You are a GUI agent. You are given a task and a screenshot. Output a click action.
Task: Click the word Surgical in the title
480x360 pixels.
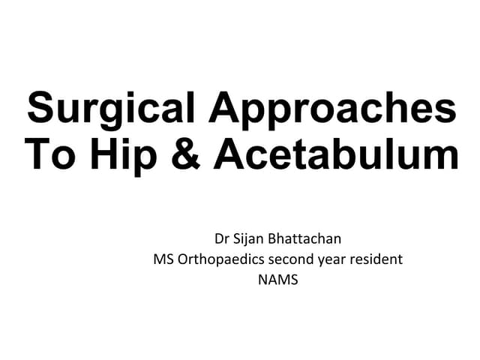[x=113, y=109]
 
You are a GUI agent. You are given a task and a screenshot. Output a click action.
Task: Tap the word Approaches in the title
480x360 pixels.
[x=332, y=109]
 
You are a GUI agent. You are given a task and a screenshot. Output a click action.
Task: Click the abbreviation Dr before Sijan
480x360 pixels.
[x=222, y=240]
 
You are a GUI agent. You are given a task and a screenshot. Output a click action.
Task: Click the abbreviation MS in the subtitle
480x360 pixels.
[x=163, y=260]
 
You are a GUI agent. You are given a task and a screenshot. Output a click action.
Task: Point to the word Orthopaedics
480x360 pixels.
[x=217, y=260]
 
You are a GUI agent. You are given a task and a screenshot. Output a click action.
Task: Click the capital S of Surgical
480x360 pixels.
[x=40, y=109]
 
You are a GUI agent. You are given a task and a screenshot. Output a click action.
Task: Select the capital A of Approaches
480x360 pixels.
[x=223, y=109]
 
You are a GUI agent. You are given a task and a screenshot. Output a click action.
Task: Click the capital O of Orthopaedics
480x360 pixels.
[x=183, y=260]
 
